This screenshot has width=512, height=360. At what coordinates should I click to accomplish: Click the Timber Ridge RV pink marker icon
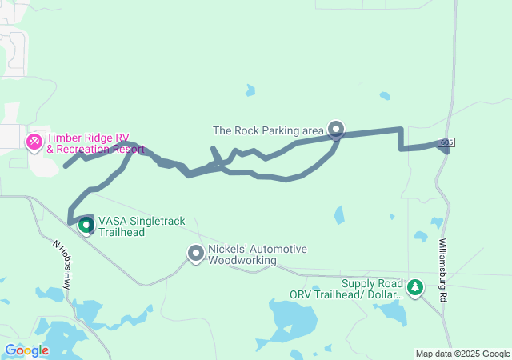[x=34, y=142]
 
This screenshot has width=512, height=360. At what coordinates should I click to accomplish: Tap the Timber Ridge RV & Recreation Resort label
[x=93, y=143]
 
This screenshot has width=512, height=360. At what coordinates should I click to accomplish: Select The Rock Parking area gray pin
[x=336, y=128]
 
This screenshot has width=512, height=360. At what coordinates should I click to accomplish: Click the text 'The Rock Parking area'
[x=268, y=130]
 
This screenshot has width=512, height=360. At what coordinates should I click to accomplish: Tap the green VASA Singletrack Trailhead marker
[x=86, y=226]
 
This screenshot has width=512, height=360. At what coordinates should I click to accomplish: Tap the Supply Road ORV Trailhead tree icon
[x=414, y=286]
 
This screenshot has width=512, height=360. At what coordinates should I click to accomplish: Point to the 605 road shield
[x=446, y=142]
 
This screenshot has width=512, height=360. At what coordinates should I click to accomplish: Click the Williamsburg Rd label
[x=443, y=269]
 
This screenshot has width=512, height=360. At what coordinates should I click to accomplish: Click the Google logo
[x=26, y=350]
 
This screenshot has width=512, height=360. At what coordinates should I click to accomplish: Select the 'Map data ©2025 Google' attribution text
[x=462, y=354]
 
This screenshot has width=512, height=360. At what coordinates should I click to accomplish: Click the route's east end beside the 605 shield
[x=445, y=151]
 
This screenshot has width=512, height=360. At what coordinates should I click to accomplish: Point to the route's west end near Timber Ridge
[x=65, y=166]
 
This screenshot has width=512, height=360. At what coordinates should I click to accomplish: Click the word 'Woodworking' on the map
[x=242, y=260]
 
